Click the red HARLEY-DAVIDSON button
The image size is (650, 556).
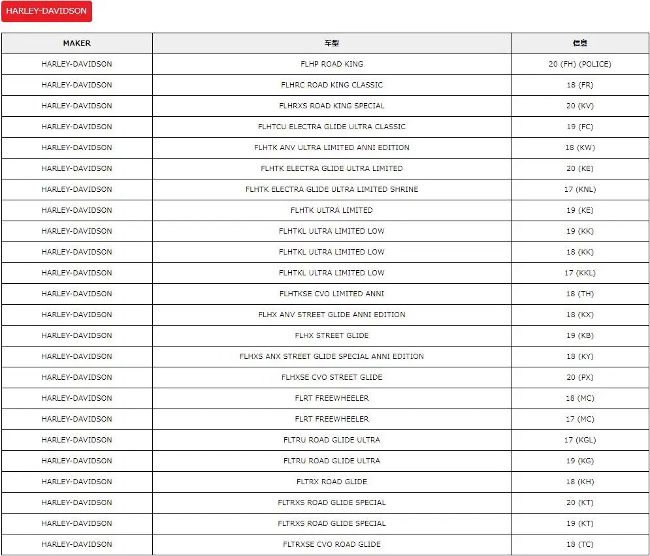click(x=46, y=11)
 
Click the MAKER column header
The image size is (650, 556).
click(x=76, y=43)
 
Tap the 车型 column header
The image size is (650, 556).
click(x=332, y=43)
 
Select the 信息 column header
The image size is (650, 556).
click(x=580, y=43)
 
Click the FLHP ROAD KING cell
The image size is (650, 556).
click(x=332, y=64)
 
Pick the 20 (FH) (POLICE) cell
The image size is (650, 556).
click(x=580, y=64)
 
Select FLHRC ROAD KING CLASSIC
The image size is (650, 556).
click(x=332, y=85)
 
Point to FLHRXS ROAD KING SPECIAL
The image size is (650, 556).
click(x=332, y=106)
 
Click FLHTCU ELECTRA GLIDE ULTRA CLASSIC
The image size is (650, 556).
click(x=332, y=127)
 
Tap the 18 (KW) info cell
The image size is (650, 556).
click(x=580, y=147)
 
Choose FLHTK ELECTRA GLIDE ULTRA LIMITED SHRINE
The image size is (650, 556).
click(x=332, y=189)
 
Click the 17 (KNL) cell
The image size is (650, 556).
click(x=580, y=189)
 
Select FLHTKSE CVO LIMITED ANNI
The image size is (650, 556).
click(x=332, y=294)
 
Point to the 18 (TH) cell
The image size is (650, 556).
click(x=580, y=294)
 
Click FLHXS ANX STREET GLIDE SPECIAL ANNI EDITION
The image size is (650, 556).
click(x=332, y=356)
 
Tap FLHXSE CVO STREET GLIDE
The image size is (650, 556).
click(x=332, y=377)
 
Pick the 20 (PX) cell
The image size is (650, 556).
click(x=580, y=377)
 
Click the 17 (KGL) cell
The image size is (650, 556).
click(x=580, y=440)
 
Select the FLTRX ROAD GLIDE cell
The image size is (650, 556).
click(x=332, y=482)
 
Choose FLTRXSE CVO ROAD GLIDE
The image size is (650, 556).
click(x=332, y=544)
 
